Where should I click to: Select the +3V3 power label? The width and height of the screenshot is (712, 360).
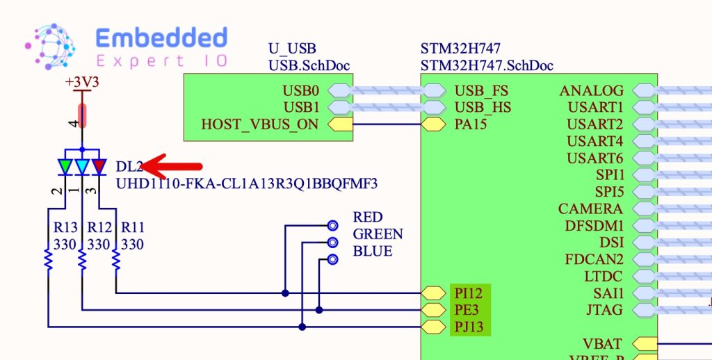[82, 82]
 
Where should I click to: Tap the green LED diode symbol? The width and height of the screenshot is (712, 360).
[65, 167]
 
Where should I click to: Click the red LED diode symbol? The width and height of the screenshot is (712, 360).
[99, 167]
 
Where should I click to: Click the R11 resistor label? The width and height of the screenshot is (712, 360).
[133, 227]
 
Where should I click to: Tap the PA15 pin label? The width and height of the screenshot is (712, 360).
[471, 124]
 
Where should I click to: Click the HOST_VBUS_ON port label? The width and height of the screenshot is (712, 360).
[260, 124]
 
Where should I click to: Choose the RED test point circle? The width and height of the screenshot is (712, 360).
[333, 225]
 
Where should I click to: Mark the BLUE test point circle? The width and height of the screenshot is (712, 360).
[333, 259]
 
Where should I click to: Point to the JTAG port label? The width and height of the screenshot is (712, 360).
[604, 310]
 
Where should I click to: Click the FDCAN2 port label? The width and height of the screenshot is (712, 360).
[594, 259]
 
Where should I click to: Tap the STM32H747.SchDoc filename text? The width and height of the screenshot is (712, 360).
[487, 66]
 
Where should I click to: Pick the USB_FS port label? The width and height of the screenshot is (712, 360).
[481, 90]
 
